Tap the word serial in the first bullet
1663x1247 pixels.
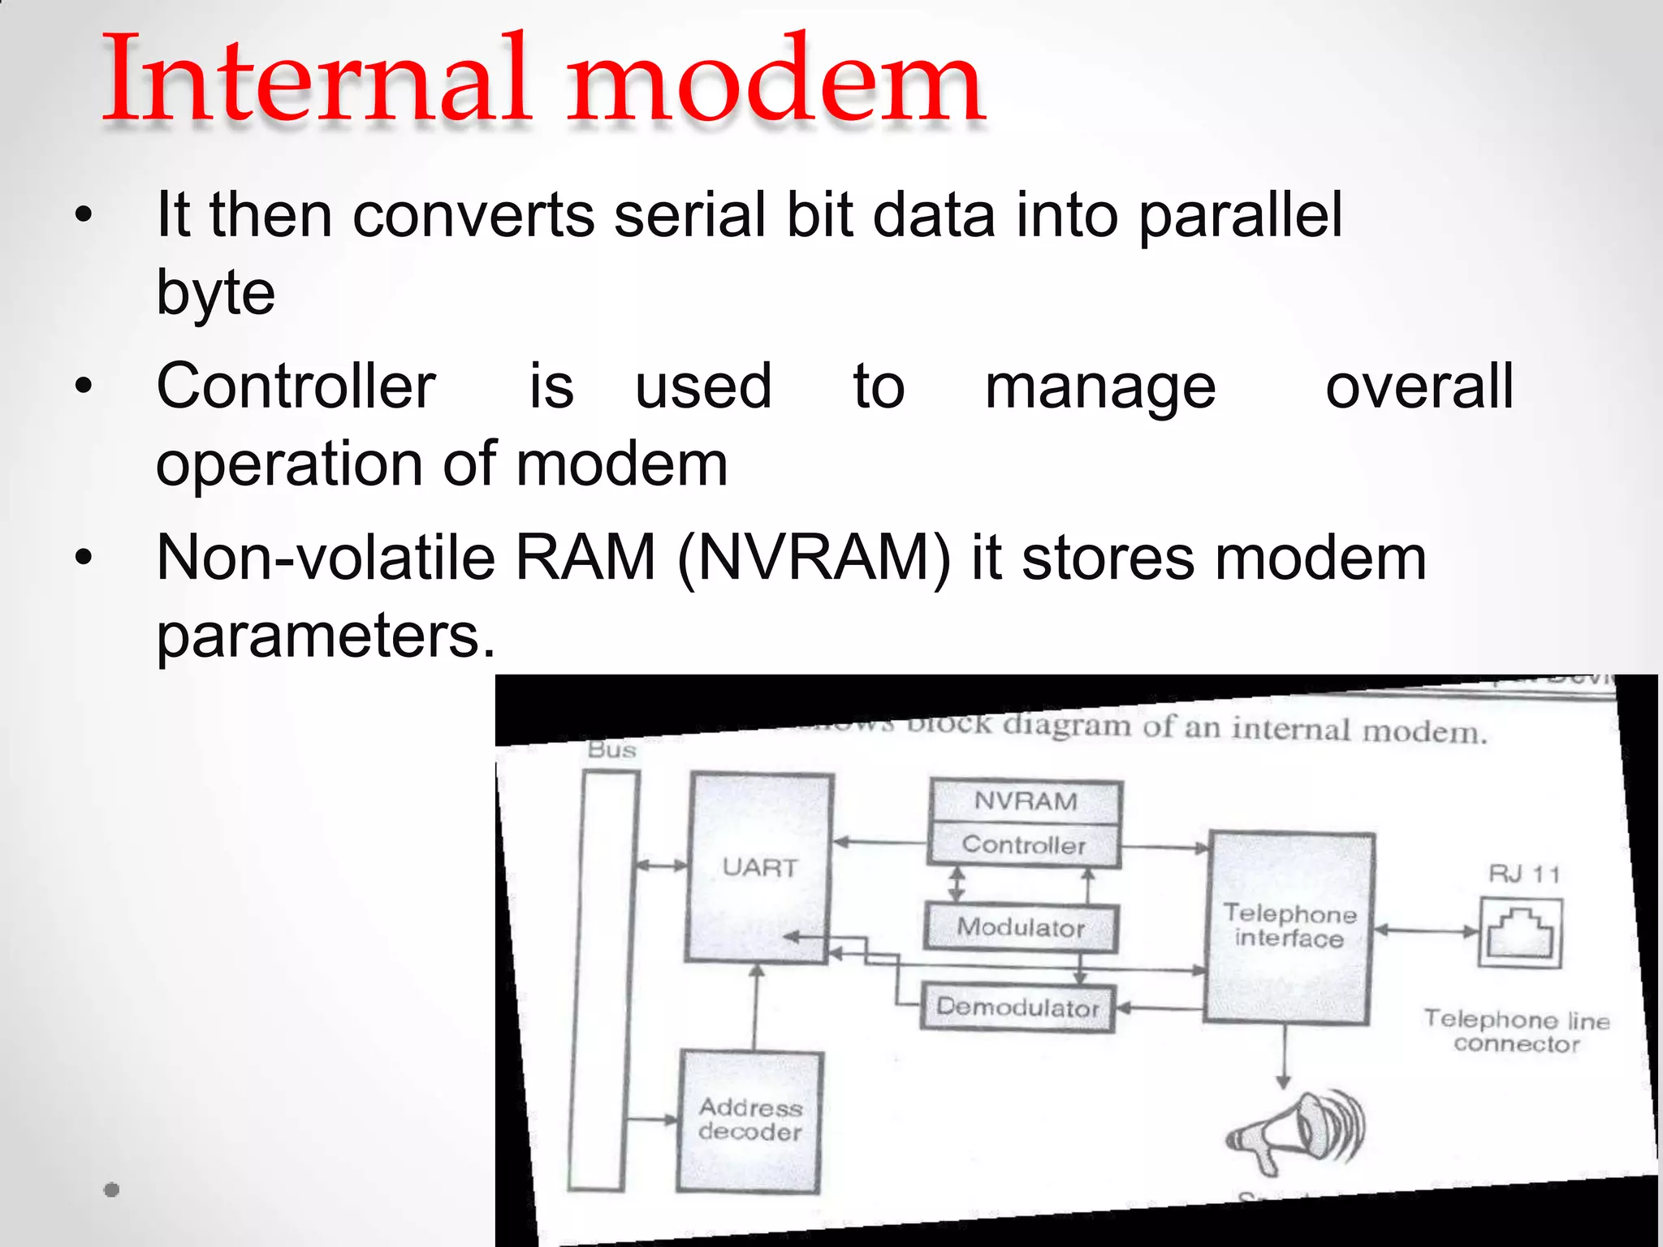[x=689, y=215]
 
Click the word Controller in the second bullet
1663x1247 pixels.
[x=296, y=386]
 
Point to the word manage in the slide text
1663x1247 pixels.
[x=1100, y=388]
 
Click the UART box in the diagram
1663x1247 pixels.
[x=759, y=868]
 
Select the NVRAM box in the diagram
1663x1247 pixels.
[x=1026, y=801]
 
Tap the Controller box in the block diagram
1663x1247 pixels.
[x=1024, y=845]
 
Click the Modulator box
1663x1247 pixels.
[x=1021, y=927]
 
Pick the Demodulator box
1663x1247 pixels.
[x=1017, y=1008]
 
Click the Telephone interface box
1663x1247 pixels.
[x=1289, y=926]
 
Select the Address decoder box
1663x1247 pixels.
[x=749, y=1120]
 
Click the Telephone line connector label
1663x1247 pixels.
[x=1517, y=1031]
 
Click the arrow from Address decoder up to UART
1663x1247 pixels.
[x=755, y=1007]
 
